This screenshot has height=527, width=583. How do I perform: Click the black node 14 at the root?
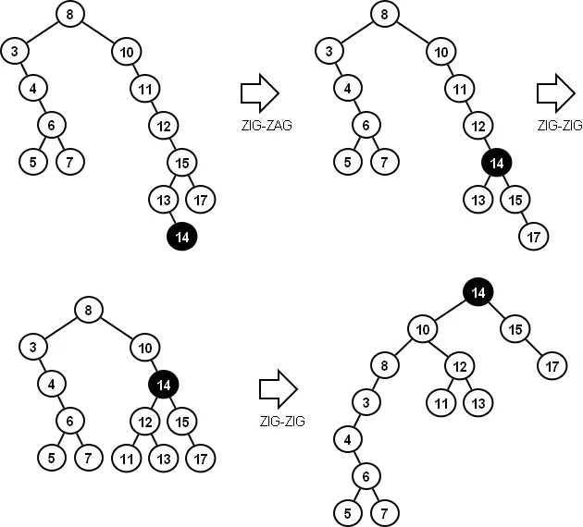coord(478,292)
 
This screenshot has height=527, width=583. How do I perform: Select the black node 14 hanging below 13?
coord(182,237)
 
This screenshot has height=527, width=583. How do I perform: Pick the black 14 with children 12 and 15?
coord(163,383)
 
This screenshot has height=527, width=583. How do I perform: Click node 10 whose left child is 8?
coord(423,328)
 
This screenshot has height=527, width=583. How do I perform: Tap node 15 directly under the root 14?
coord(515,328)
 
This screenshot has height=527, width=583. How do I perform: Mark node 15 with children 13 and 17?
coord(182,162)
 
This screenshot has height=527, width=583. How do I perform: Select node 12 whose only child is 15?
coord(164,125)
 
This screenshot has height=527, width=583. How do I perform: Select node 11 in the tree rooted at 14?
coord(440,402)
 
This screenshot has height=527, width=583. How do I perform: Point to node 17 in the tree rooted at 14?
coord(552,365)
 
